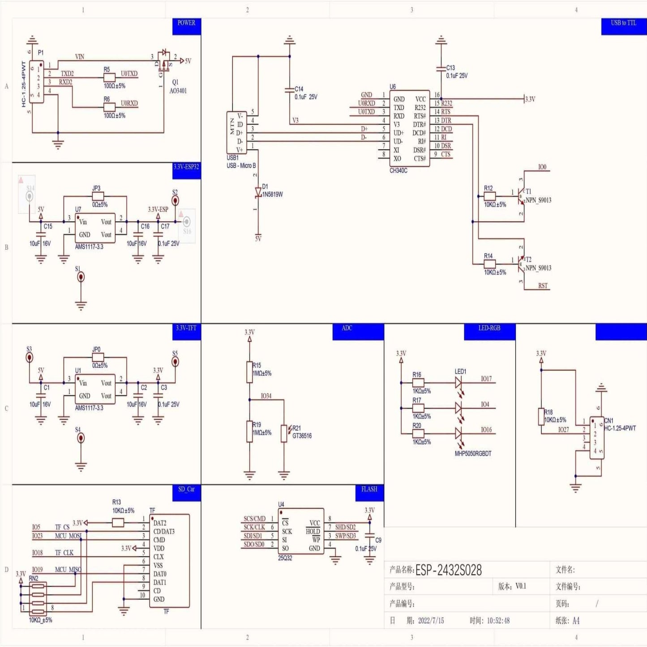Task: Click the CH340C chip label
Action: tap(398, 171)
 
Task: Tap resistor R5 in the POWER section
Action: tap(109, 77)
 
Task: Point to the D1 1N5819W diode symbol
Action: tap(258, 193)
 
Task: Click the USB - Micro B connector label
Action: tap(241, 166)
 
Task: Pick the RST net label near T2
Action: tap(543, 286)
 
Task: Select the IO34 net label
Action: tap(266, 396)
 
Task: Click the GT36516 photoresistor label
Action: tap(302, 436)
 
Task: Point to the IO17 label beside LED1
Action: tap(486, 379)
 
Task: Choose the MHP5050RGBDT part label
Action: tap(473, 454)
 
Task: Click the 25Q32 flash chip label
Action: tap(285, 558)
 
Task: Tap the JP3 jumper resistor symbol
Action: tap(98, 196)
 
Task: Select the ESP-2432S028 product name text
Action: tap(448, 570)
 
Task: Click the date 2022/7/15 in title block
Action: tap(431, 621)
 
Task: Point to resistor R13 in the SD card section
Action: tap(118, 523)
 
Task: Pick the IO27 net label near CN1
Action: tap(563, 429)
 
